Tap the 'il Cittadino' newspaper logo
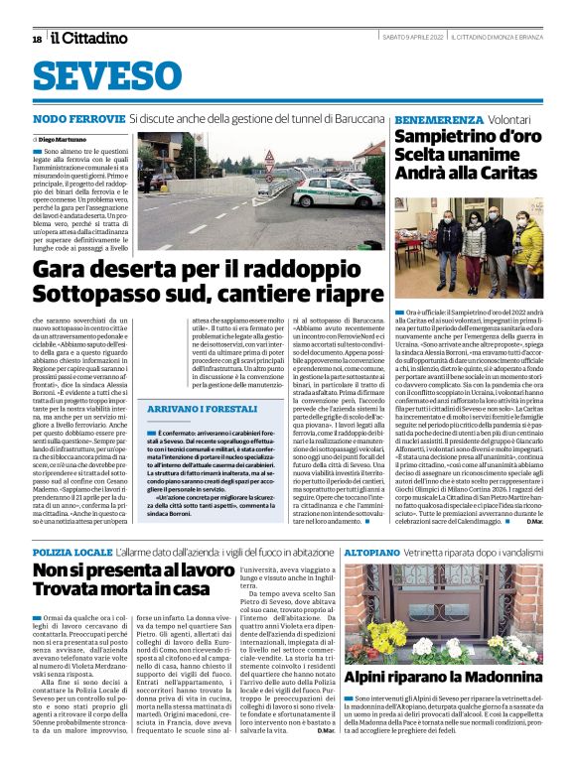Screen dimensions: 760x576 90,39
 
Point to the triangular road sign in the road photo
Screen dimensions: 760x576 269,159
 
